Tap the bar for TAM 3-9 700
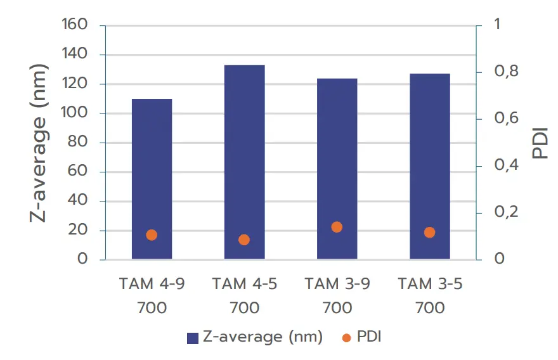(x=337, y=169)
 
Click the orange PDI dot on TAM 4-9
(x=152, y=235)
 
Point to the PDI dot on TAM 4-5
(x=244, y=240)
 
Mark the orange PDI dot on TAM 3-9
(x=337, y=227)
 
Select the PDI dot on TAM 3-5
(x=429, y=233)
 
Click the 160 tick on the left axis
(x=74, y=25)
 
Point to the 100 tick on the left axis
(x=74, y=113)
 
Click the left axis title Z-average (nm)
(x=39, y=143)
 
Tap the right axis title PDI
(x=540, y=143)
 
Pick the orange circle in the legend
(x=346, y=338)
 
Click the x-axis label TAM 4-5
(x=244, y=284)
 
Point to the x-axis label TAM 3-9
(x=337, y=284)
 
